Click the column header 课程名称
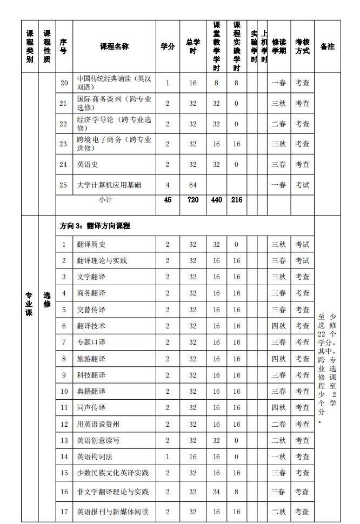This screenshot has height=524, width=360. click(114, 46)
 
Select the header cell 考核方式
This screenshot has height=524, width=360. click(302, 46)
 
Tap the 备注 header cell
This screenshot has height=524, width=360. click(327, 46)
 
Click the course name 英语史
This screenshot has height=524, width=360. click(88, 164)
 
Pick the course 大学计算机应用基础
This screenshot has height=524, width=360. click(109, 185)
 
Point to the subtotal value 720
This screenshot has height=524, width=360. click(193, 200)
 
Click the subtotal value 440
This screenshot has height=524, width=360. click(216, 200)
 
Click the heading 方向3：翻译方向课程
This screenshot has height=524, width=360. click(95, 226)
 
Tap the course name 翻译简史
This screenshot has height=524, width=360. click(91, 244)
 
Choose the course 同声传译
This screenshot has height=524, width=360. click(91, 407)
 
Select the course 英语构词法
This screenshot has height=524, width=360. click(95, 456)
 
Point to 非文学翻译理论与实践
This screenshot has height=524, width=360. click(112, 492)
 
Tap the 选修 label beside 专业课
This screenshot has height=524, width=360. click(47, 300)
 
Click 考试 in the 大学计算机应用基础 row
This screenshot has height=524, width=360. click(302, 185)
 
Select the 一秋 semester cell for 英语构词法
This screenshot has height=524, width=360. click(278, 456)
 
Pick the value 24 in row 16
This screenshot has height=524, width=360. click(216, 492)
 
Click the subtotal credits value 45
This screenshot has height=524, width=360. click(168, 200)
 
